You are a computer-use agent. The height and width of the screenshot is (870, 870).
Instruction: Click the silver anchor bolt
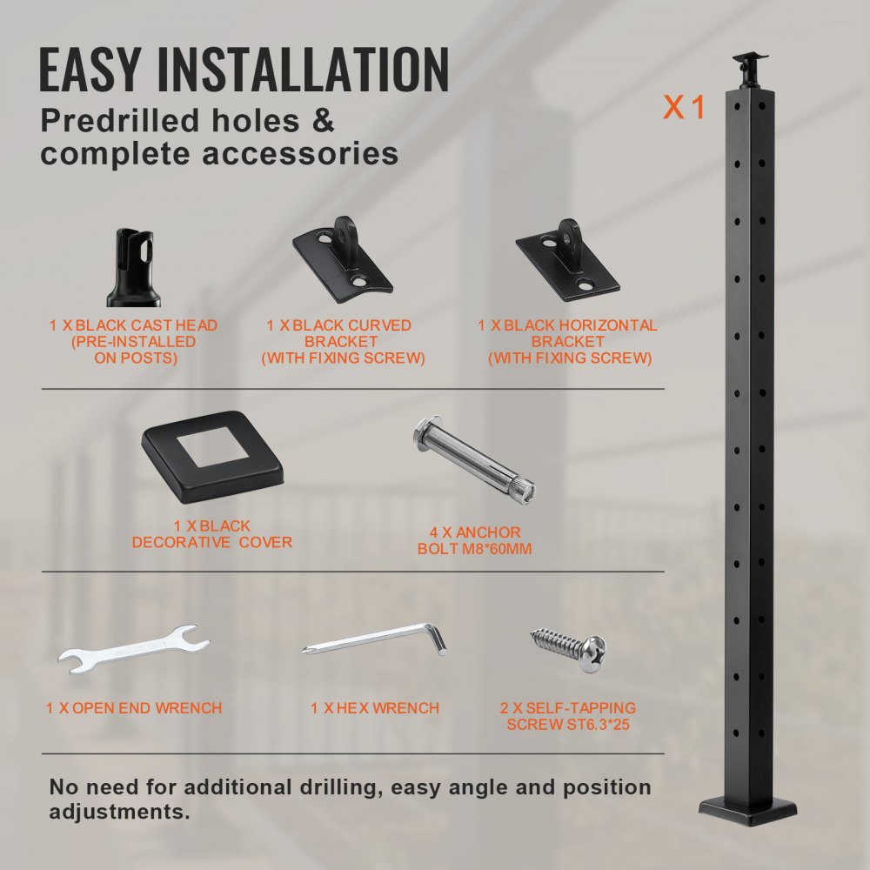pyautogui.click(x=473, y=458)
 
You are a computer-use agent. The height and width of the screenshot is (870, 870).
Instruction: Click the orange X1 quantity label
pyautogui.click(x=684, y=107)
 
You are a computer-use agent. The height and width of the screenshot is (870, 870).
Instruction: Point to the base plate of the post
pyautogui.click(x=747, y=808)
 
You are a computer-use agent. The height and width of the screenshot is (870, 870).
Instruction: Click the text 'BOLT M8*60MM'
pyautogui.click(x=474, y=549)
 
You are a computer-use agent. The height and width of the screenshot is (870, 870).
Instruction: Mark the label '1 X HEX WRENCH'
pyautogui.click(x=375, y=708)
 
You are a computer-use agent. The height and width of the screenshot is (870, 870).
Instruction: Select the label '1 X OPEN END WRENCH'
pyautogui.click(x=134, y=708)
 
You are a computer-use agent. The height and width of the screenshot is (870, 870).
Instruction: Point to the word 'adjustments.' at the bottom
pyautogui.click(x=119, y=813)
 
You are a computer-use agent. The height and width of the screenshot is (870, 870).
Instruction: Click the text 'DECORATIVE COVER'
pyautogui.click(x=211, y=542)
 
